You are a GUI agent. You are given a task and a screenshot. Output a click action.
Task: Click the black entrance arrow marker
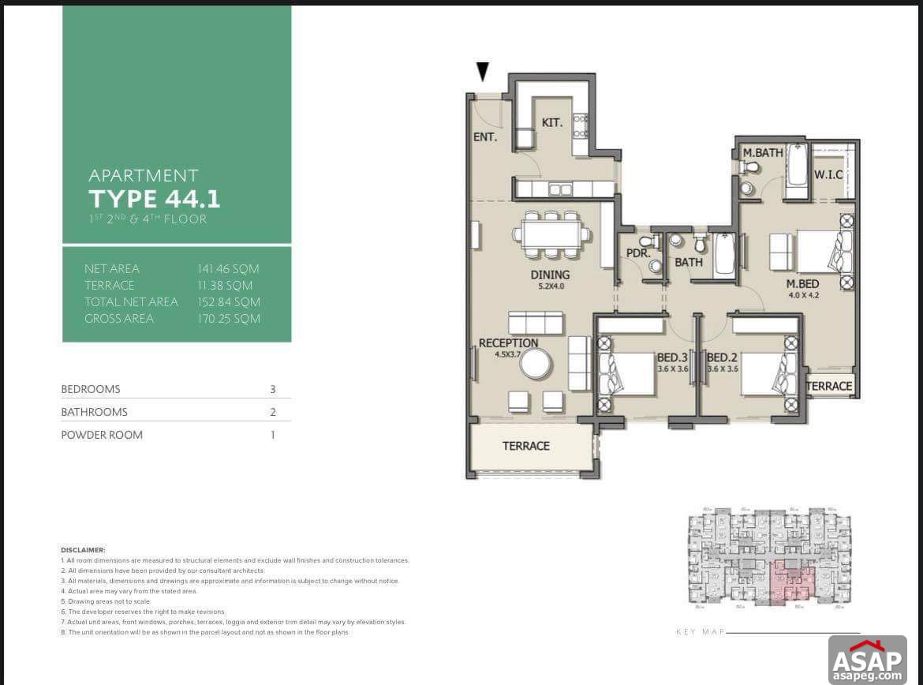pyautogui.click(x=483, y=72)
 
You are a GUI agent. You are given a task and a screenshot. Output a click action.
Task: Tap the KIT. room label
pyautogui.click(x=551, y=122)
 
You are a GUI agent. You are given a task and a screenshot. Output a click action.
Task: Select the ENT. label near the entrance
pyautogui.click(x=485, y=137)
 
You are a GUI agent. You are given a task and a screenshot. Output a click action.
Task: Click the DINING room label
pyautogui.click(x=550, y=275)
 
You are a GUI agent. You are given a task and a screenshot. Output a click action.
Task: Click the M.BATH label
pyautogui.click(x=763, y=152)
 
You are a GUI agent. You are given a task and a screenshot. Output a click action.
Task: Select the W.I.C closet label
pyautogui.click(x=828, y=174)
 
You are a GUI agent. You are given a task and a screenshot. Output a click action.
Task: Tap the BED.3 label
pyautogui.click(x=672, y=357)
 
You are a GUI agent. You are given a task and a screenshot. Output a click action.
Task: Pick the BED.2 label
pyautogui.click(x=722, y=357)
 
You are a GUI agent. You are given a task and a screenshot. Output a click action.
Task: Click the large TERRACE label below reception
pyautogui.click(x=526, y=446)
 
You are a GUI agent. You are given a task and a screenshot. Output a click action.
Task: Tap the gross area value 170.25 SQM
pyautogui.click(x=228, y=319)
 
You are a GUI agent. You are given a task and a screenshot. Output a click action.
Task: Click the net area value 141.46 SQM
pyautogui.click(x=228, y=269)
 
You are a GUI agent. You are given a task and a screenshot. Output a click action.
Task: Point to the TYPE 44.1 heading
pyautogui.click(x=154, y=197)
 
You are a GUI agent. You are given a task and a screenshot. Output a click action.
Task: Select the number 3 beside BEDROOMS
pyautogui.click(x=272, y=389)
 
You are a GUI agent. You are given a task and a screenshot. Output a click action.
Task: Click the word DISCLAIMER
pyautogui.click(x=83, y=549)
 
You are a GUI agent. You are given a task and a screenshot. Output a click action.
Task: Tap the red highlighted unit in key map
pyautogui.click(x=792, y=580)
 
